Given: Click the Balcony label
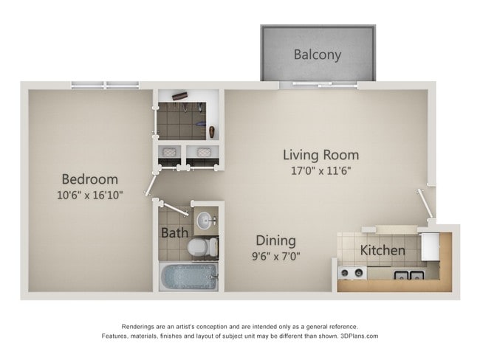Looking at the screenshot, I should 318,54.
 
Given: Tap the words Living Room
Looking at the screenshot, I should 321,155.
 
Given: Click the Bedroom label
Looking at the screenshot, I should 89,179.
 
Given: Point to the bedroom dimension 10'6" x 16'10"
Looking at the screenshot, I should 89,195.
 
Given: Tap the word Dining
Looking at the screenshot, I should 275,240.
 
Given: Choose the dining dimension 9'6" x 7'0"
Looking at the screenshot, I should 275,257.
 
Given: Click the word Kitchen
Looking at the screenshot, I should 382,250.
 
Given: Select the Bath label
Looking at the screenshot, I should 174,233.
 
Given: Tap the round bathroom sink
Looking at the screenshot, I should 205,221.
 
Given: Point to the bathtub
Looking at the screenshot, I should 188,277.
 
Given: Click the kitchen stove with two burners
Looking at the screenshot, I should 351,273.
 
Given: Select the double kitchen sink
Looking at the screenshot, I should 408,276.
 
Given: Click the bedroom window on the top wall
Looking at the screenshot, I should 105,85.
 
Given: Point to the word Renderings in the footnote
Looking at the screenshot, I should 140,326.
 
